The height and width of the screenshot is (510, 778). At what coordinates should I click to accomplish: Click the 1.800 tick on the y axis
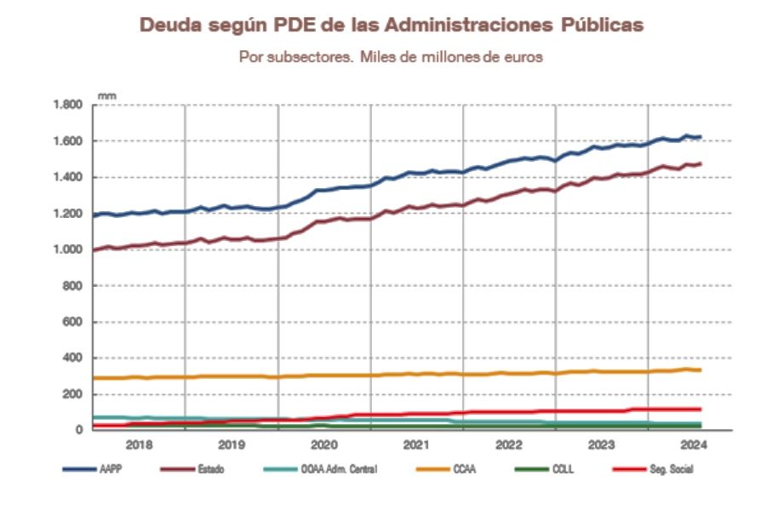click(x=68, y=105)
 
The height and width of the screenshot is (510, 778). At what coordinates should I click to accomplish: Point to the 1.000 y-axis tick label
click(x=68, y=249)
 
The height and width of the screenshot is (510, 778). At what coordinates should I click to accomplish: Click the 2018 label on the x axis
click(x=139, y=444)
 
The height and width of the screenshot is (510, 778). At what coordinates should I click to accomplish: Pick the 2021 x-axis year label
click(x=416, y=444)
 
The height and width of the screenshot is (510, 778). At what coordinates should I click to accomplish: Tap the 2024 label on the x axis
click(x=694, y=444)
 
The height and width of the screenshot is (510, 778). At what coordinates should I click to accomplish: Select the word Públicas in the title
click(x=601, y=26)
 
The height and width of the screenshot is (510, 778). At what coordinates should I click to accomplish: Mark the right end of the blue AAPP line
click(x=701, y=136)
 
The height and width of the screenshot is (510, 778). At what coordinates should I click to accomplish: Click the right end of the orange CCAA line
click(x=701, y=370)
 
